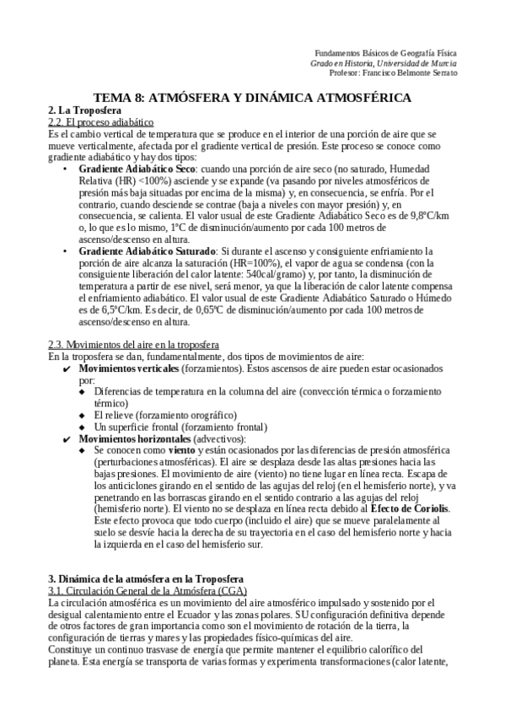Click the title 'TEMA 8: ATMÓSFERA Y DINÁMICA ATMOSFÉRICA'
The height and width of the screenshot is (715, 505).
coord(252,98)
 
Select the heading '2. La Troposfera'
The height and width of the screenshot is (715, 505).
coord(85,110)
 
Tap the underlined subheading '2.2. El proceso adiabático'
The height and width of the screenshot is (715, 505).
coord(101,122)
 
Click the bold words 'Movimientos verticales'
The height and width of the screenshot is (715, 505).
coord(129,368)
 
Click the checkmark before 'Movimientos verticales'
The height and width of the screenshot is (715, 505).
coord(67,369)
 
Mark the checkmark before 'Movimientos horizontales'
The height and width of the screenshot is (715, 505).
coord(67,439)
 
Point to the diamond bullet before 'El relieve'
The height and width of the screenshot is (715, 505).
coord(83,416)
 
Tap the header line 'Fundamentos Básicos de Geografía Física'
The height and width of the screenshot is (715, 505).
coord(384,52)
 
